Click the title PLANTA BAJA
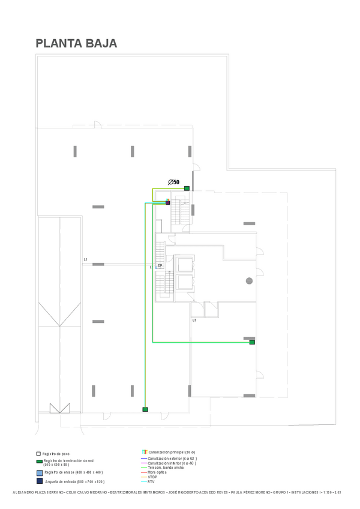click(x=76, y=43)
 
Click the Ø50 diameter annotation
click(x=173, y=181)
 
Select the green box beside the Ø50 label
click(x=187, y=188)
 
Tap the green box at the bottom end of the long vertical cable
click(x=145, y=409)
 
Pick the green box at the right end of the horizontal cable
click(x=252, y=342)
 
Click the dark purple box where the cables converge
click(x=168, y=203)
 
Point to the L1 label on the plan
click(x=86, y=259)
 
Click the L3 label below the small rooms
click(x=194, y=320)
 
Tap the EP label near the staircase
click(x=160, y=265)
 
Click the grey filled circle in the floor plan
click(x=249, y=280)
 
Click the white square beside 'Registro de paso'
click(x=38, y=454)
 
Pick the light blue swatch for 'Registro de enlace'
click(x=38, y=472)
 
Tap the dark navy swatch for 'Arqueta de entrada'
click(x=38, y=481)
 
